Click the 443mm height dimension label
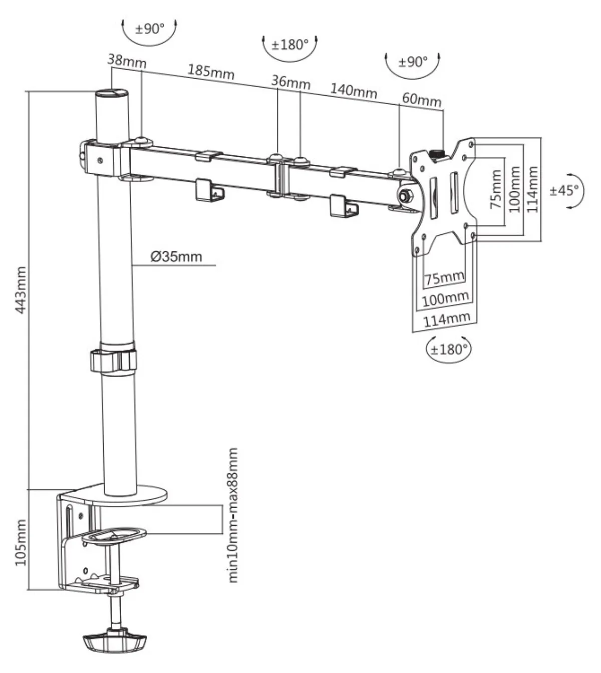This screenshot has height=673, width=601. click(21, 289)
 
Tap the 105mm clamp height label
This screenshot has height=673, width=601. click(21, 542)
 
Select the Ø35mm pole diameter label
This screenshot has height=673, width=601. click(176, 256)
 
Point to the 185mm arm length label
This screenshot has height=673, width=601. click(211, 72)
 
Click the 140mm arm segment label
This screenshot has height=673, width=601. click(354, 91)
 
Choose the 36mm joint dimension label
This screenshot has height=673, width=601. click(291, 82)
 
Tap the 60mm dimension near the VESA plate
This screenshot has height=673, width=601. click(422, 99)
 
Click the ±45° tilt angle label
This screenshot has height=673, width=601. click(564, 191)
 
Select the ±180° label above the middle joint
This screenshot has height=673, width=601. click(290, 45)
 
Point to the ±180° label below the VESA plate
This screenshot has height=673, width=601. click(449, 349)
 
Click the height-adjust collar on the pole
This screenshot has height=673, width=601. click(113, 360)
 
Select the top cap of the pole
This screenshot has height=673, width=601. click(112, 93)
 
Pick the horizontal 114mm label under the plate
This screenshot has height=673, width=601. click(447, 319)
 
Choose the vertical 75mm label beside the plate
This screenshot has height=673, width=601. click(496, 189)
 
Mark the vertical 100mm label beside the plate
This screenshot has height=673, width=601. click(514, 189)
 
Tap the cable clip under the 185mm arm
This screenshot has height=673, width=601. click(209, 191)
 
